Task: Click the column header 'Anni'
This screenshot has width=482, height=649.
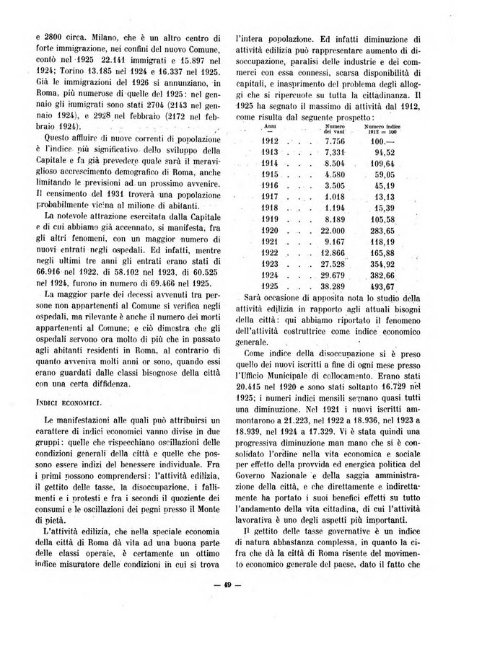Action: point(271,125)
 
